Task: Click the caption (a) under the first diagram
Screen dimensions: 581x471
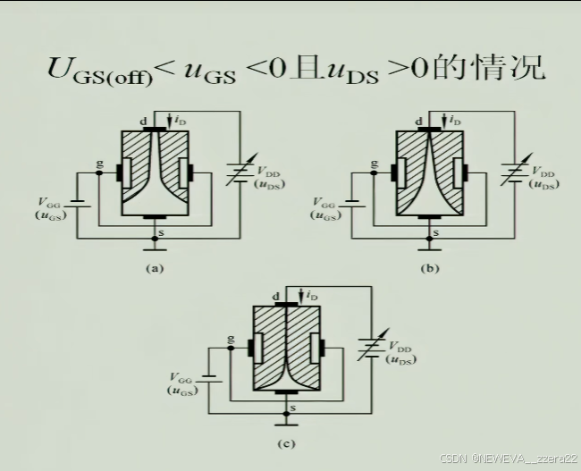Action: click(153, 267)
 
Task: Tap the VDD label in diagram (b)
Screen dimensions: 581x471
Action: click(543, 171)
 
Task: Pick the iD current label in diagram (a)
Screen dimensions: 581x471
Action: click(179, 119)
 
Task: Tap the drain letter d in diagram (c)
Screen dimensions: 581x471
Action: click(275, 295)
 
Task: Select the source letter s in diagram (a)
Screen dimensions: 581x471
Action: click(160, 233)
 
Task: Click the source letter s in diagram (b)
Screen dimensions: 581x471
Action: click(435, 233)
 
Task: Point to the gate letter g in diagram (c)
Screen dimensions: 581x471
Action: click(232, 341)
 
